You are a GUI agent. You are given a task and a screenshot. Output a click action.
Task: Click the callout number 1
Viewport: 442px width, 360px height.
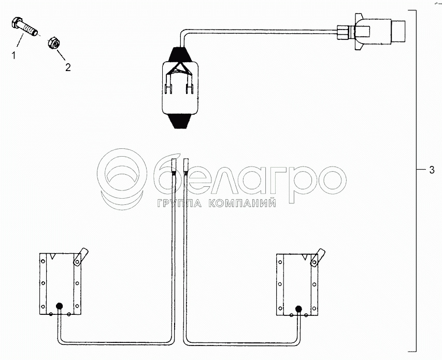click(x=13, y=56)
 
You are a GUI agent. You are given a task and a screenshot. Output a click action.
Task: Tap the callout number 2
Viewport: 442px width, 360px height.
click(x=68, y=67)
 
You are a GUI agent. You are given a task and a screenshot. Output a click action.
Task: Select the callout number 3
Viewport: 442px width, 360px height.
click(x=432, y=170)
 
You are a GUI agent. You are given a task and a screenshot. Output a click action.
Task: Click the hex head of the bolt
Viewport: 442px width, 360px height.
click(x=16, y=23)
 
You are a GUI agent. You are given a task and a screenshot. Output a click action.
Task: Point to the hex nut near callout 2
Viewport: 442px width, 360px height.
click(x=54, y=43)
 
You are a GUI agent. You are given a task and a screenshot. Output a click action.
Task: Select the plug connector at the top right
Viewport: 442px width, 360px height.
click(x=370, y=32)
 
